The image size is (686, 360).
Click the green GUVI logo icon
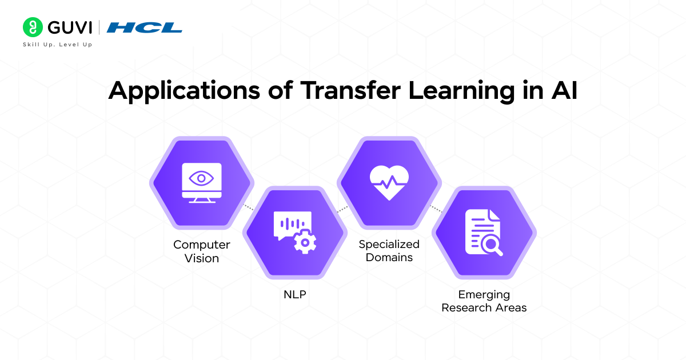point(33,27)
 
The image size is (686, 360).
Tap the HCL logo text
point(145,27)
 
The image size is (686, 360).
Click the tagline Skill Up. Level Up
point(57,44)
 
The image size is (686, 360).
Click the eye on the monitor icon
point(201,178)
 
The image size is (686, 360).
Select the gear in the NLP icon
point(305,243)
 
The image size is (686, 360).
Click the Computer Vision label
point(202,251)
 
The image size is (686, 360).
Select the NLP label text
point(295,295)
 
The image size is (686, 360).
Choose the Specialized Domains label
point(389,251)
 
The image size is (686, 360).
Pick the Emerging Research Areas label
point(484,301)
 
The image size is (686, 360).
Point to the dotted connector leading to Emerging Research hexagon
point(436,208)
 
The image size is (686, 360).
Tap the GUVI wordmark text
point(70,27)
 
